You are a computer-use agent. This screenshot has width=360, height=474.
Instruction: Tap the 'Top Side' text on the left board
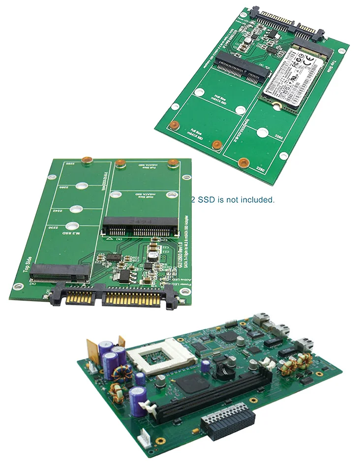28,265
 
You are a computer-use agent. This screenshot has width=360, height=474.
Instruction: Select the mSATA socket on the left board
140,226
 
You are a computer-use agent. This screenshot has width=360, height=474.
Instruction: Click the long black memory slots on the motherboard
216,394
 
